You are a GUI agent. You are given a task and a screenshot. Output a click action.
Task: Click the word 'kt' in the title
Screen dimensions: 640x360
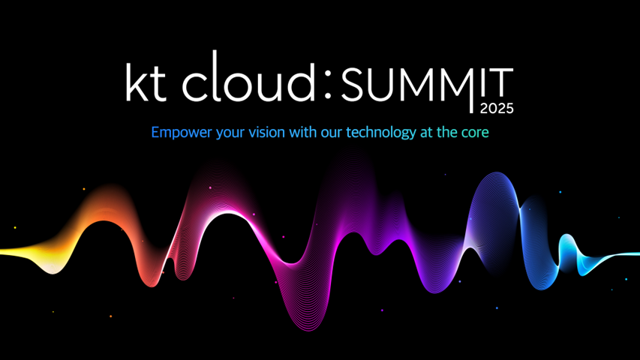[146, 82]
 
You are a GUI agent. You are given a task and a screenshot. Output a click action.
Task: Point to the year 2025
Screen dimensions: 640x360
[497, 109]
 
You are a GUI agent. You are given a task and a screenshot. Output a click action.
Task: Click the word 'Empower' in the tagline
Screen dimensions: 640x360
[182, 133]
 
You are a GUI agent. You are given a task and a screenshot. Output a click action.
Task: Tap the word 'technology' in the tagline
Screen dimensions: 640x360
[381, 133]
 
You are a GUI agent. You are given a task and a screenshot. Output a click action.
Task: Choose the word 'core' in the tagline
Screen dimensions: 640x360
[475, 133]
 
